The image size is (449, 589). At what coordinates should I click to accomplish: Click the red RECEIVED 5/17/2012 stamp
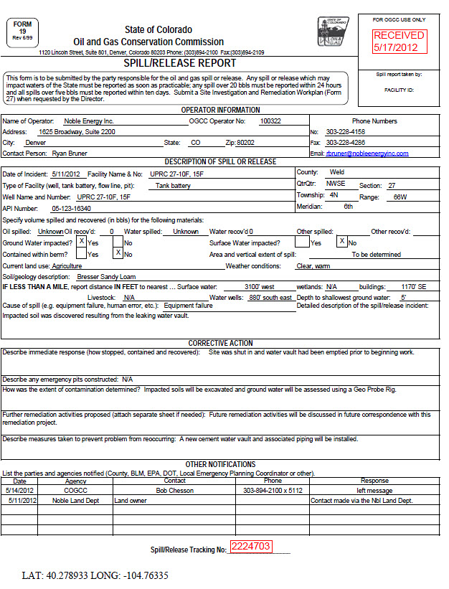399,41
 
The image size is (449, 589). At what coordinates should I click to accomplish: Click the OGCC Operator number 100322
270,121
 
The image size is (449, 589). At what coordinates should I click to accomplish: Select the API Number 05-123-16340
71,208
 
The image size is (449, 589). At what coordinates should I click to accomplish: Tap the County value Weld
336,173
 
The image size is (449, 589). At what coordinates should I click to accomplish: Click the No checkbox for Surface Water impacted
342,242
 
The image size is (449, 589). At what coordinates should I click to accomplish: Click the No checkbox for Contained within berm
118,253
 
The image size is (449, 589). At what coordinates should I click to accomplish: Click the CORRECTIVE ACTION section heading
220,344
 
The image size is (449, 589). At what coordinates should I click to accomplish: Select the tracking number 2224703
250,547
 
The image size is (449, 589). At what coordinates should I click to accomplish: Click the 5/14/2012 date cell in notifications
22,491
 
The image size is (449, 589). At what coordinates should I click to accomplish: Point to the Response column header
374,481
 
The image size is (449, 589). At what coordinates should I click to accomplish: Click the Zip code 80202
245,143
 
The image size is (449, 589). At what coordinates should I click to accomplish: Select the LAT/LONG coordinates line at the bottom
95,575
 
